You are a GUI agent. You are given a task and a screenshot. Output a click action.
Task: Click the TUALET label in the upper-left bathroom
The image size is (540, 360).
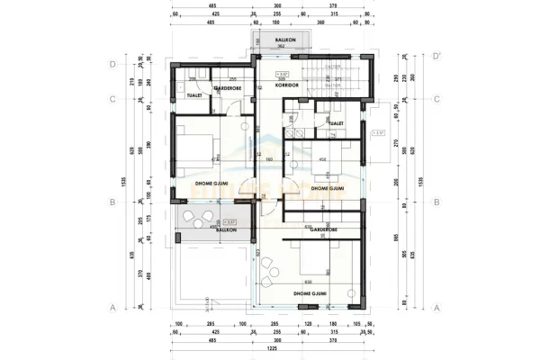193,94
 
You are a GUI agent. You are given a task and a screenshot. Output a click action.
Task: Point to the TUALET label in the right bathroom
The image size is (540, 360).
337,123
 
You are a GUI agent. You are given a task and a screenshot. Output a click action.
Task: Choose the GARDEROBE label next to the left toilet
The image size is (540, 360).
226,87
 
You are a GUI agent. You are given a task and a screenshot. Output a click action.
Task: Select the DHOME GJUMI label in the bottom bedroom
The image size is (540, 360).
310,293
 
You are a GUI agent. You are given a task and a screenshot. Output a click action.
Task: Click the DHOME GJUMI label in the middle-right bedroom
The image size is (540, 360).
328,189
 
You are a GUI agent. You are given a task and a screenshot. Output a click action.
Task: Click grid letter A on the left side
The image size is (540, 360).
112,307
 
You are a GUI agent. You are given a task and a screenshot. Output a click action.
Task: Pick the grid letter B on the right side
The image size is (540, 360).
436,202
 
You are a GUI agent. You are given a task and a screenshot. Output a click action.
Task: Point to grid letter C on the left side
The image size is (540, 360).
112,99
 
